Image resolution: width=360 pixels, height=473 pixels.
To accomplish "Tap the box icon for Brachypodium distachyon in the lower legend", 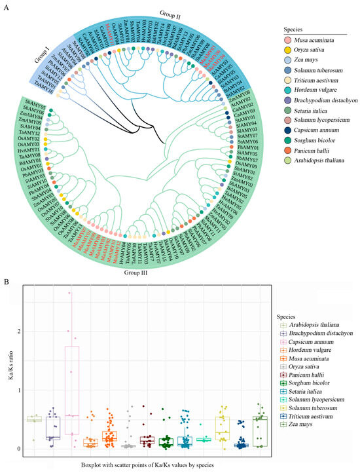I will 278,333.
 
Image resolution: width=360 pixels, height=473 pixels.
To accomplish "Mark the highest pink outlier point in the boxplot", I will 69,293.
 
